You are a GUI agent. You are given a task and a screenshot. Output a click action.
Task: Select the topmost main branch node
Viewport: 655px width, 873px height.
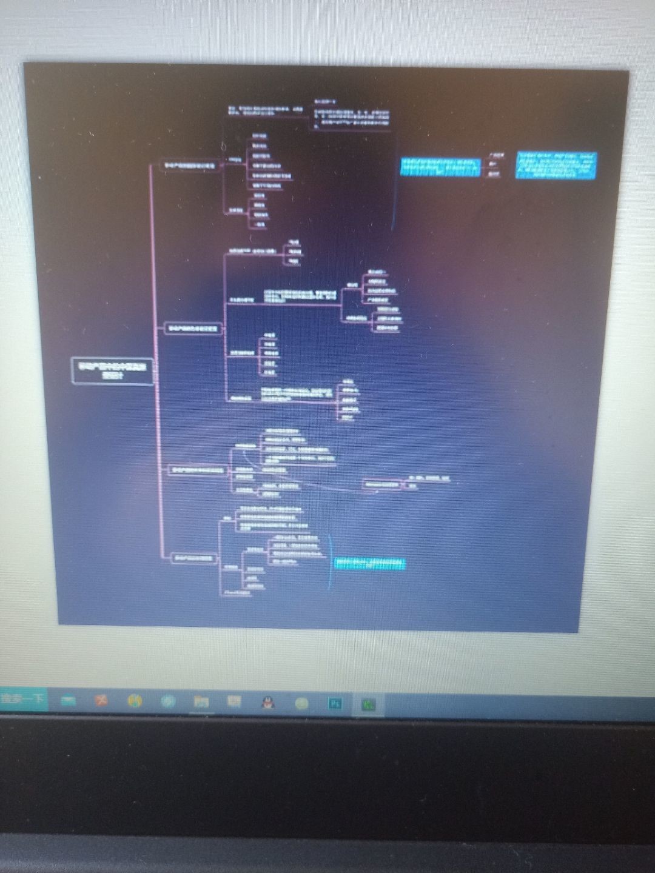[x=189, y=165]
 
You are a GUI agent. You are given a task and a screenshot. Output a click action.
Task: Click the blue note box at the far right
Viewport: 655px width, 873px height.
[x=556, y=166]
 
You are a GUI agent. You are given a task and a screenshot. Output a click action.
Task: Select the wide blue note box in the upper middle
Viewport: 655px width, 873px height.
[x=438, y=166]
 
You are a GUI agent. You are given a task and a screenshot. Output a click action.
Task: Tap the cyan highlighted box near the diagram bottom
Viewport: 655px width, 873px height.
[x=370, y=564]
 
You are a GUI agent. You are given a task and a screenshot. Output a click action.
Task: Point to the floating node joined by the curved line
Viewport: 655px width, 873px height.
[x=383, y=484]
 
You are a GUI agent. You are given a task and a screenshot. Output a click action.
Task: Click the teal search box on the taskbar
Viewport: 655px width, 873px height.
[x=23, y=699]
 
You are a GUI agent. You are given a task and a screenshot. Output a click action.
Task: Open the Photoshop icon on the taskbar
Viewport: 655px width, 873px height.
[x=335, y=704]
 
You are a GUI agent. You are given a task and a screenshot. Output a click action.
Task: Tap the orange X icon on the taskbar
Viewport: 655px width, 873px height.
[x=101, y=700]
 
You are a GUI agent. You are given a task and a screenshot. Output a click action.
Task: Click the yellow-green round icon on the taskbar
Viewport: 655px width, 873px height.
[x=301, y=703]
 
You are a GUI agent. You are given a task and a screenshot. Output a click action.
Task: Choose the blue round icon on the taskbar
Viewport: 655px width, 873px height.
[x=168, y=701]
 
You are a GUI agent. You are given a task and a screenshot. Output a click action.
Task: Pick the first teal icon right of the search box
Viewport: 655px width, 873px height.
[x=69, y=700]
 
